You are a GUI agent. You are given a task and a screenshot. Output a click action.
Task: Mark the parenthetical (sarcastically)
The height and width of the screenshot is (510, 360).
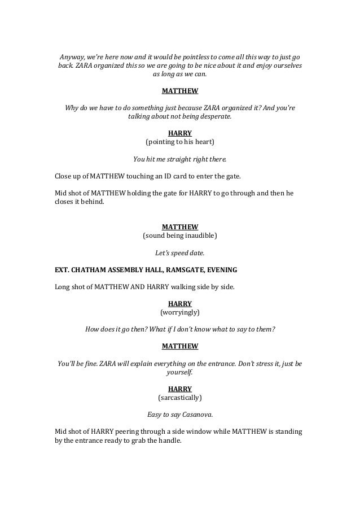pos(180,397)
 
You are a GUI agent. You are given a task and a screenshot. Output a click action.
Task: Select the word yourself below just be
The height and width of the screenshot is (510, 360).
pos(180,373)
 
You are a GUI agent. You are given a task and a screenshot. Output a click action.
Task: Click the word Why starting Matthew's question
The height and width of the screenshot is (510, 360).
pos(73,107)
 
